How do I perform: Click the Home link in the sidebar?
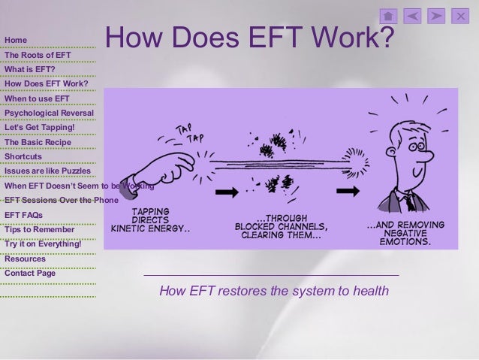16,40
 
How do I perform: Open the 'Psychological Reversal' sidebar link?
49,113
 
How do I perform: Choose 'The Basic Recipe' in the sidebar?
38,142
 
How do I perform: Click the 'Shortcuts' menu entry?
23,156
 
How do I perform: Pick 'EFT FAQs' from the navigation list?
23,215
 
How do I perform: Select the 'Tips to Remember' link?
40,229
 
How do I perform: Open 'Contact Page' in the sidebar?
30,274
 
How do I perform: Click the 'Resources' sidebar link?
25,259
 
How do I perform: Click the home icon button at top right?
388,16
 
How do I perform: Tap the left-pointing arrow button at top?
412,16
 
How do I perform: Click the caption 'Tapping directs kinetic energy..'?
150,219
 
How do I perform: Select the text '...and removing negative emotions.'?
405,234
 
